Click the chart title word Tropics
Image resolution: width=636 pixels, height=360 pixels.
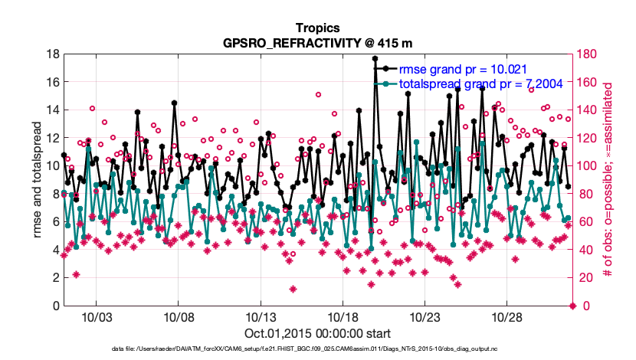click(318, 30)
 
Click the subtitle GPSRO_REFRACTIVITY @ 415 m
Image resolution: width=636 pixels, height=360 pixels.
click(318, 44)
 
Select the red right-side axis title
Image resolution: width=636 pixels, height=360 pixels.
click(610, 180)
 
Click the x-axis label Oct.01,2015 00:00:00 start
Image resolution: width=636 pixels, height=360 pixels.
click(318, 333)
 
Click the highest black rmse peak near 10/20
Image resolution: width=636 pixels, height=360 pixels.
click(375, 58)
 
